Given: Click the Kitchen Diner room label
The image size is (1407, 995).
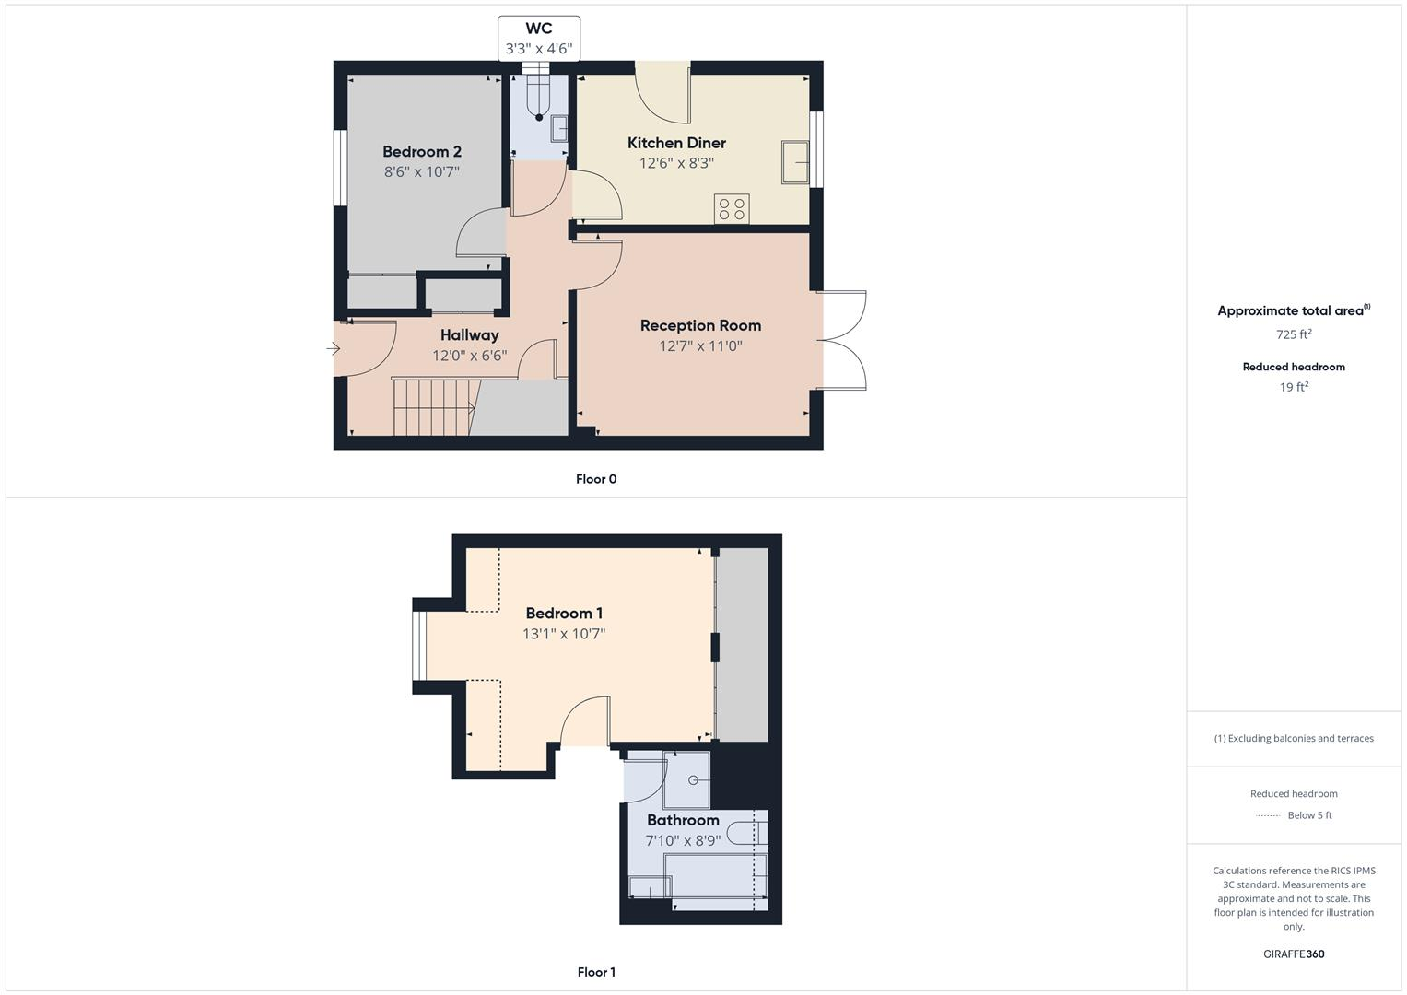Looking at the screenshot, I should pyautogui.click(x=676, y=143).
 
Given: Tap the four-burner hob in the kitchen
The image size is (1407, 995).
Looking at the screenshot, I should pyautogui.click(x=732, y=209).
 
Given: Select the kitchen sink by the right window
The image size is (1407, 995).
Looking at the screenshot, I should pyautogui.click(x=794, y=162).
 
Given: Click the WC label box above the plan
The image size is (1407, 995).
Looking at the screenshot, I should pyautogui.click(x=539, y=39).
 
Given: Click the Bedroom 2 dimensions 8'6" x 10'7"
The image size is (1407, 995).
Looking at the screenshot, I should pyautogui.click(x=421, y=172).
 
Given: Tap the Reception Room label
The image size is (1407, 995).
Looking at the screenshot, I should pyautogui.click(x=700, y=325).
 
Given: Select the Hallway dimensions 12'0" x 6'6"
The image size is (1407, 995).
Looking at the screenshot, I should pyautogui.click(x=469, y=356).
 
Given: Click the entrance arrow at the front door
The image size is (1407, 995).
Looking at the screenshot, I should pyautogui.click(x=334, y=349).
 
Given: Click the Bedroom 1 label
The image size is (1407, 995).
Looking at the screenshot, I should pyautogui.click(x=564, y=614).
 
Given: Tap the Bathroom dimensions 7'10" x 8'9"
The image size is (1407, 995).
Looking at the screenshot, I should pyautogui.click(x=683, y=840).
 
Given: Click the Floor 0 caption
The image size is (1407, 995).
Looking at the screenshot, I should pyautogui.click(x=596, y=479).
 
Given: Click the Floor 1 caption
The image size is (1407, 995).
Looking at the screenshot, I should pyautogui.click(x=596, y=972).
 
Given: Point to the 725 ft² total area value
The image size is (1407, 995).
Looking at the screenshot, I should pyautogui.click(x=1294, y=334).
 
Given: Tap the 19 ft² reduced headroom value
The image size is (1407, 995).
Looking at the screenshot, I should pyautogui.click(x=1294, y=387).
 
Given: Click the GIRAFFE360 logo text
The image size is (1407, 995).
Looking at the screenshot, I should pyautogui.click(x=1294, y=954).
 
